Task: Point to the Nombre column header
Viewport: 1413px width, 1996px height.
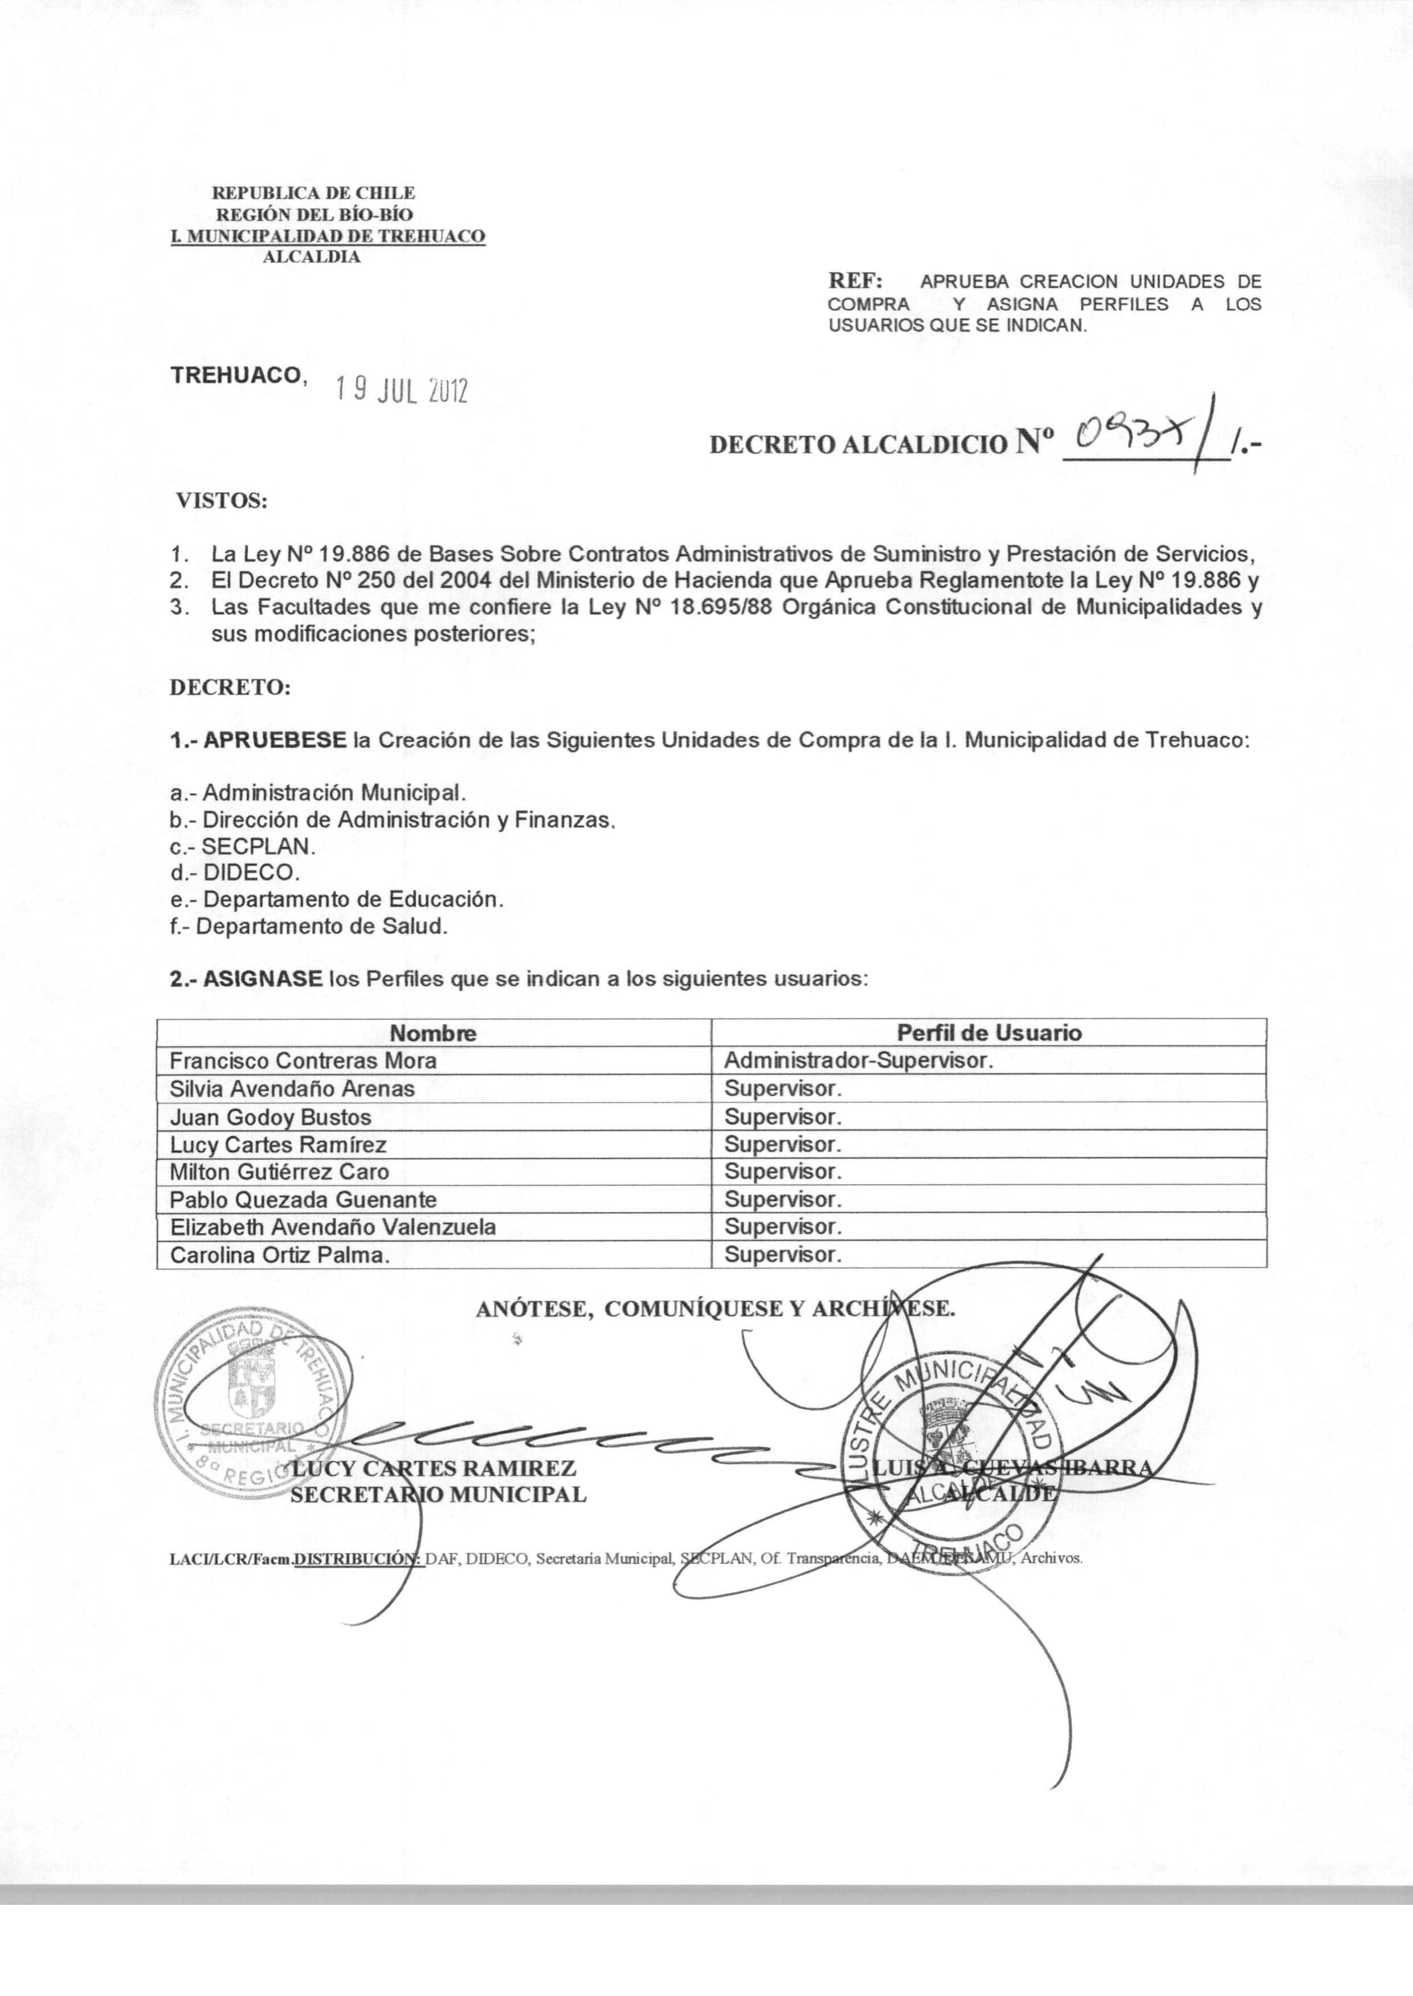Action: pos(432,1033)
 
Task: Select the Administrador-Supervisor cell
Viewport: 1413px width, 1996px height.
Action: pos(858,1061)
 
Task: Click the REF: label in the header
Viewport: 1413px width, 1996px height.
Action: pos(855,281)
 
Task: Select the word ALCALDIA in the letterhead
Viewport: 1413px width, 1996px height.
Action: pos(312,257)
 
